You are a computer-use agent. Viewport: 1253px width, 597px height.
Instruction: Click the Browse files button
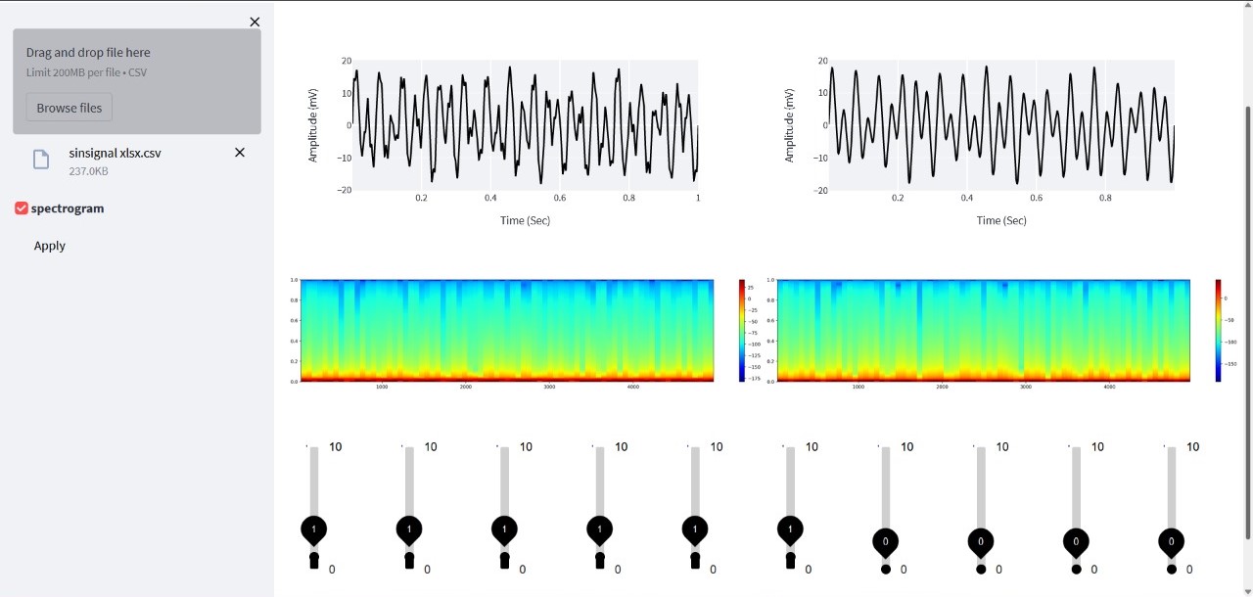click(x=70, y=108)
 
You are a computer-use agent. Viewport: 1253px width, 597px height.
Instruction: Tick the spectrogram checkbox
click(x=22, y=208)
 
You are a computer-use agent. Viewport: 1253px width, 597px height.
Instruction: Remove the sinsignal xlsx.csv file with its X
click(x=240, y=153)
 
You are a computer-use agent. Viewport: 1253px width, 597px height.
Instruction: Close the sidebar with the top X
click(x=255, y=22)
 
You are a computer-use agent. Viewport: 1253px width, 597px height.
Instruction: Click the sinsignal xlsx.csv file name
click(x=115, y=153)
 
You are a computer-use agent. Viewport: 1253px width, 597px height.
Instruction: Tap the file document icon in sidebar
click(x=41, y=160)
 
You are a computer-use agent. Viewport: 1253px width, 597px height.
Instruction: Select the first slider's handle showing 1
click(x=313, y=528)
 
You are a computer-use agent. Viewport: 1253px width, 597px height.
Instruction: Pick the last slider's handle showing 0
click(x=1172, y=541)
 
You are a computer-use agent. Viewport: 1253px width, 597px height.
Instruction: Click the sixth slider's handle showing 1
click(x=790, y=528)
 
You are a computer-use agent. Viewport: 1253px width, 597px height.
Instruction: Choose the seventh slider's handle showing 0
click(x=886, y=541)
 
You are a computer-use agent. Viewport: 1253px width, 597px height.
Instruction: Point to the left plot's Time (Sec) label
click(x=525, y=220)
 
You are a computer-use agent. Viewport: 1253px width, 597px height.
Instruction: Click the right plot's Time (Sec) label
click(x=1001, y=220)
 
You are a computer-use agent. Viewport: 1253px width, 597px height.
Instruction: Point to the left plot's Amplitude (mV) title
click(x=313, y=124)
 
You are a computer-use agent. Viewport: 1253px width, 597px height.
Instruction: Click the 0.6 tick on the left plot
click(x=560, y=198)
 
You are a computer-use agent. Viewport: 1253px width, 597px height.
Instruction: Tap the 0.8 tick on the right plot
click(x=1105, y=198)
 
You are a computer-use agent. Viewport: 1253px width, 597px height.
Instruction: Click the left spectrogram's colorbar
click(x=743, y=330)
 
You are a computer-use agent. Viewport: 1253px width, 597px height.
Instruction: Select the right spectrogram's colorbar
click(x=1219, y=330)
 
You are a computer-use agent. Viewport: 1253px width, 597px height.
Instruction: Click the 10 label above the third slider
click(x=526, y=447)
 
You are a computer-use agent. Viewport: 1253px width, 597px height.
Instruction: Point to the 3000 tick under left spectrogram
click(x=549, y=388)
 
